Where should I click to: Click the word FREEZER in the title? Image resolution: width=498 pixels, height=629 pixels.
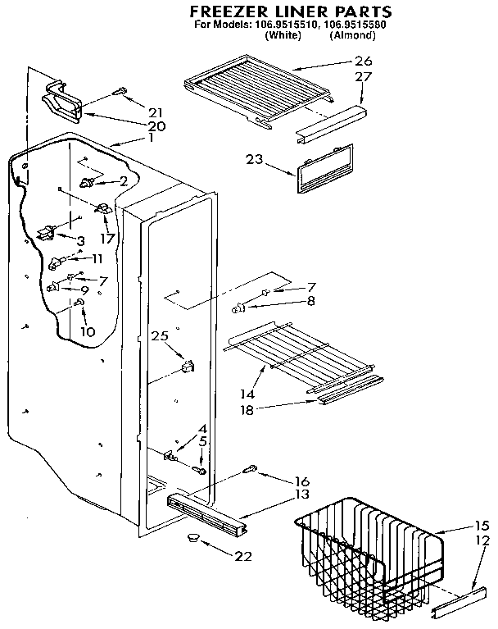pyautogui.click(x=231, y=11)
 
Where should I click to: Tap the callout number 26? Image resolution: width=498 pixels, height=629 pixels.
pyautogui.click(x=363, y=61)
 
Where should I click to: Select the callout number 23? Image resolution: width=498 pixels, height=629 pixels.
pyautogui.click(x=254, y=161)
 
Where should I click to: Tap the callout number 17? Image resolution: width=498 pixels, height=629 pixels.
pyautogui.click(x=106, y=239)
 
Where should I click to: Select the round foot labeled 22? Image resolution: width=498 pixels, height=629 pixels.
pyautogui.click(x=194, y=536)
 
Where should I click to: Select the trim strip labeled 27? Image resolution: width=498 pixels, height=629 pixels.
pyautogui.click(x=330, y=121)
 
